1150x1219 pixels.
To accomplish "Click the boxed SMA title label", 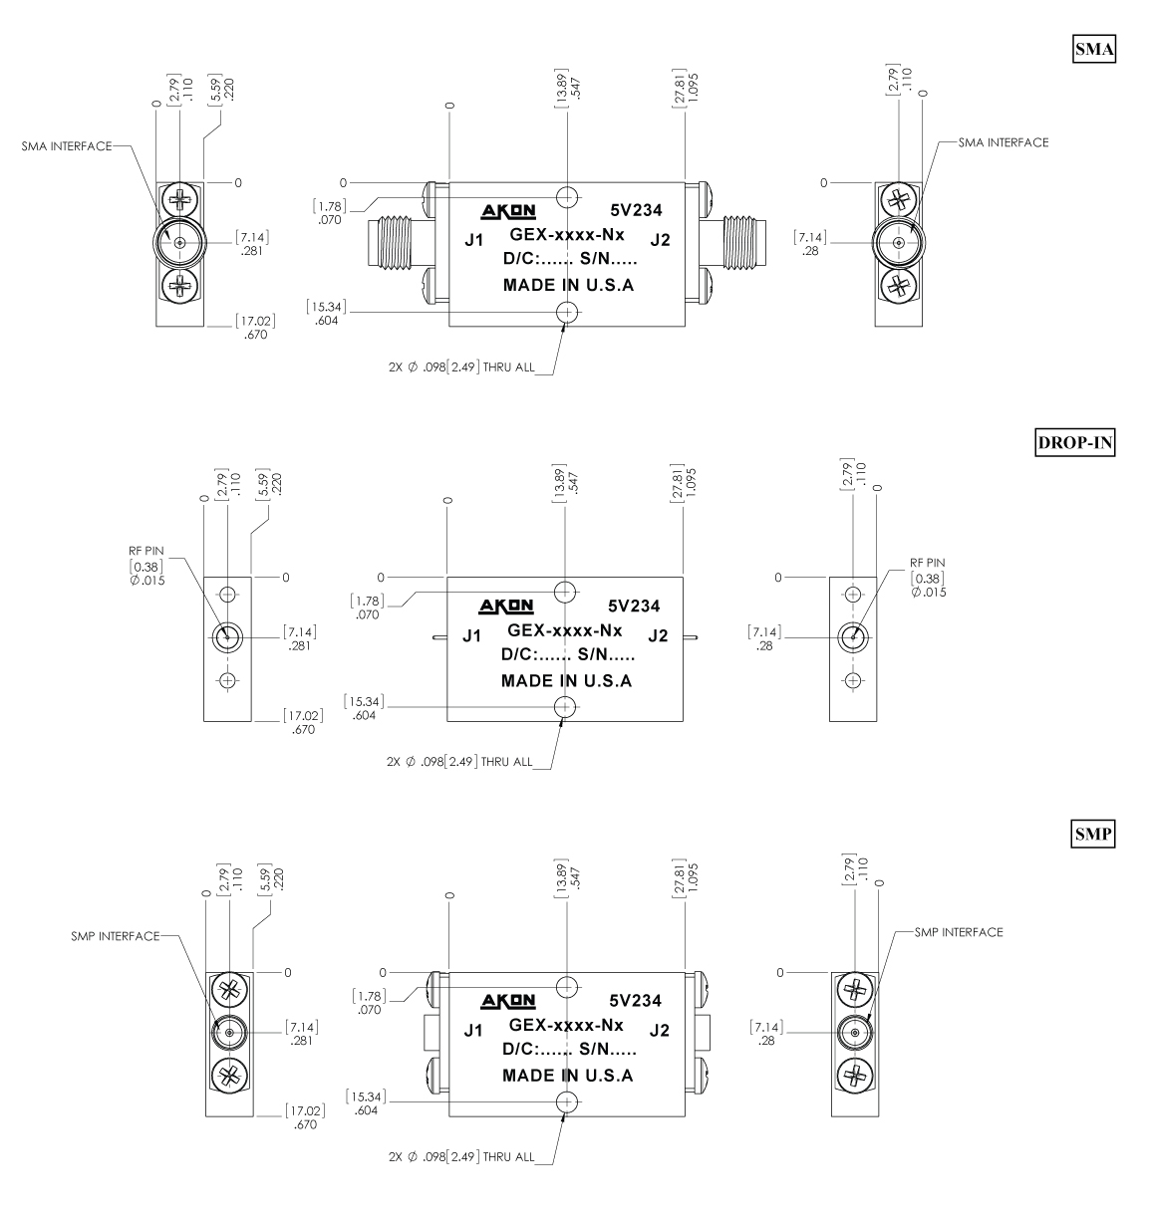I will (1093, 49).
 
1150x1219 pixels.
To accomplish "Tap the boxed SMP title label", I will (1093, 836).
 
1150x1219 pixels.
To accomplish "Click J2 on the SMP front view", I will (659, 1030).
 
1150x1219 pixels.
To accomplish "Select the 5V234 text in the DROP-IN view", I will (634, 607).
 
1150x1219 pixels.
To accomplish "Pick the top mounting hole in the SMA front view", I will (567, 196).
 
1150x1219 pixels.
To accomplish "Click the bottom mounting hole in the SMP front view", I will (567, 1101).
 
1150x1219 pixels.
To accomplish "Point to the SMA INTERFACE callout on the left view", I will (68, 145).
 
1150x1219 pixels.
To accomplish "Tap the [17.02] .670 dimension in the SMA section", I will (256, 327).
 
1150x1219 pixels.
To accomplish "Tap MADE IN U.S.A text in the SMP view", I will (567, 1076).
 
